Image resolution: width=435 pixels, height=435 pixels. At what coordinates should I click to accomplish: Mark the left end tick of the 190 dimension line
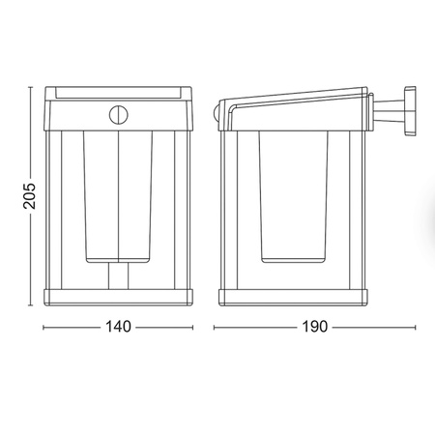[215, 327]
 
